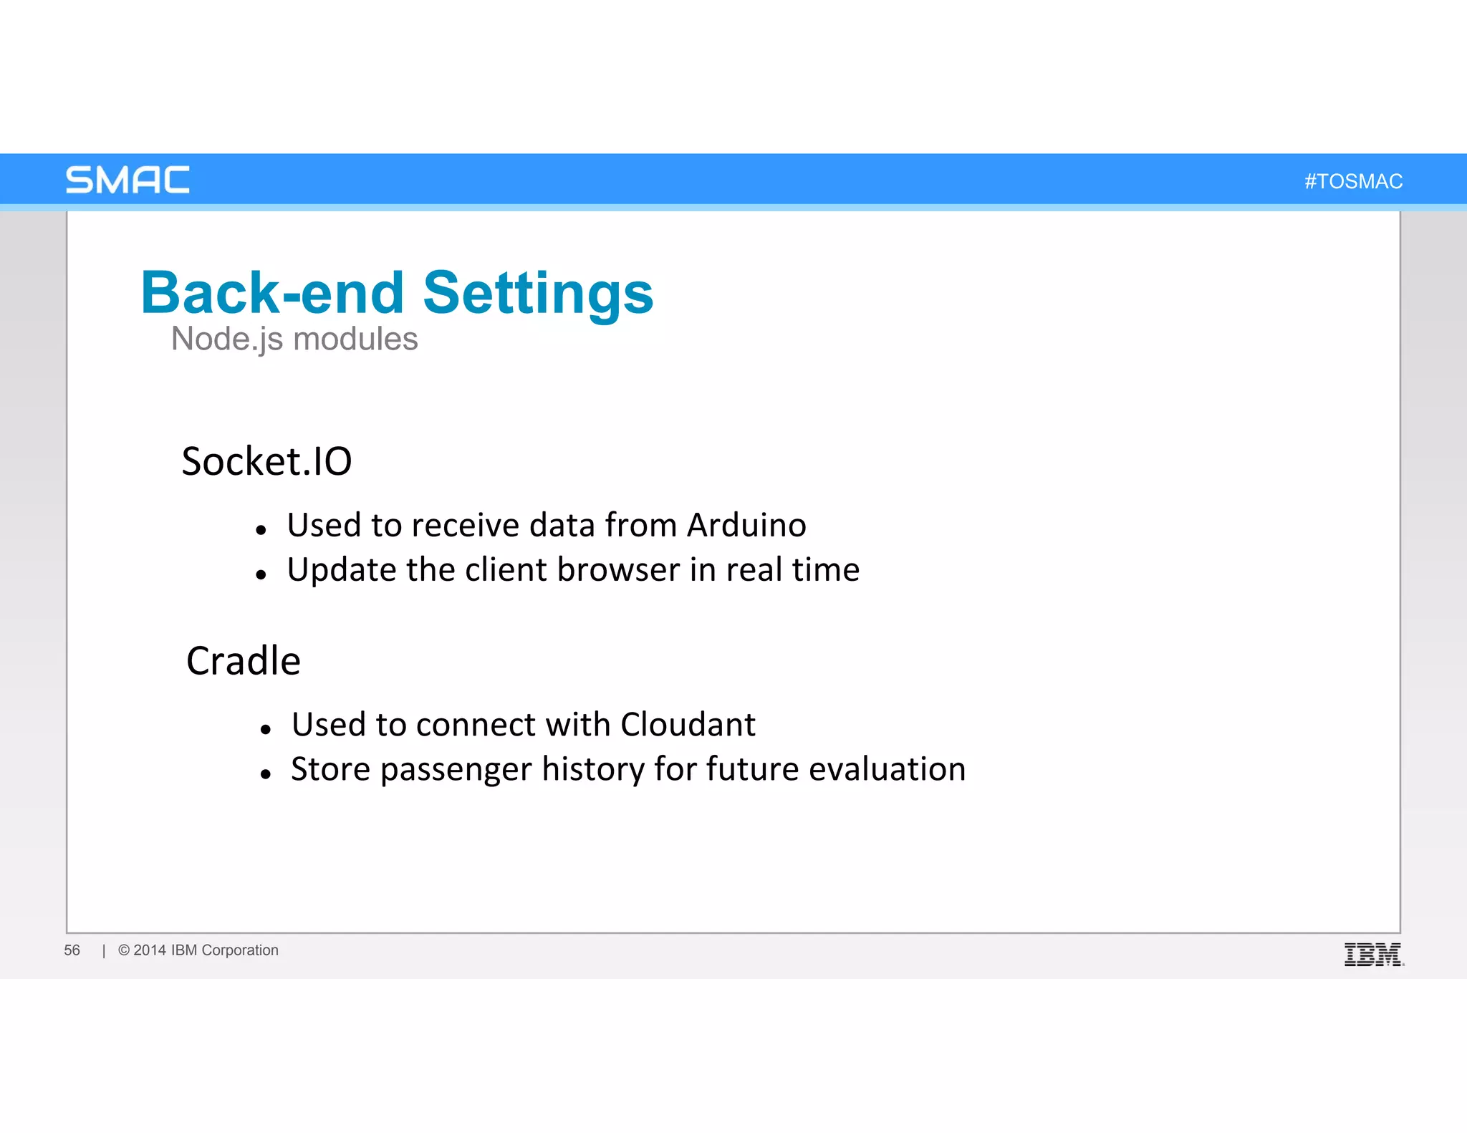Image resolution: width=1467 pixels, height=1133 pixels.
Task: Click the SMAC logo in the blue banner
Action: tap(128, 180)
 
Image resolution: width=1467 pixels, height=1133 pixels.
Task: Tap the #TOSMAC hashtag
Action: tap(1353, 181)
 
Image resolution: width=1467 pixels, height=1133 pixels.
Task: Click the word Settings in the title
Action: tap(538, 293)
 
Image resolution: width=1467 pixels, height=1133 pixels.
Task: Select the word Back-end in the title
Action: tap(272, 293)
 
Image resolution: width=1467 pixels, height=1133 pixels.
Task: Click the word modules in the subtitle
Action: tap(355, 339)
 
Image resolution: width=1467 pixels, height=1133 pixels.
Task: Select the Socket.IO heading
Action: tap(266, 461)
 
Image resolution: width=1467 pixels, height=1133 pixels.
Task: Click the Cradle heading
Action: tap(244, 660)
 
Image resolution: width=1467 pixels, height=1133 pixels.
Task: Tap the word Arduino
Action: tap(746, 525)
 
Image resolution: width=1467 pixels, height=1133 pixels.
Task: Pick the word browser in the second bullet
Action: tap(618, 570)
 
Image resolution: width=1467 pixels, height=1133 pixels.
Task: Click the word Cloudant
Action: tap(688, 724)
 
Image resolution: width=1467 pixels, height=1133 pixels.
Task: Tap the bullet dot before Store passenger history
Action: tap(265, 774)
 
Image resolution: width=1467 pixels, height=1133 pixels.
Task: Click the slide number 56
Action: tap(72, 950)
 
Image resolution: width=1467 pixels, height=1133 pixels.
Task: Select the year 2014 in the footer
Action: tap(149, 950)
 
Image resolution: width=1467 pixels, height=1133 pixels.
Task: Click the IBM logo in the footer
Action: tap(1373, 955)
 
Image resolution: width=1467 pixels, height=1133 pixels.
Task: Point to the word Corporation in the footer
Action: tap(240, 950)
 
